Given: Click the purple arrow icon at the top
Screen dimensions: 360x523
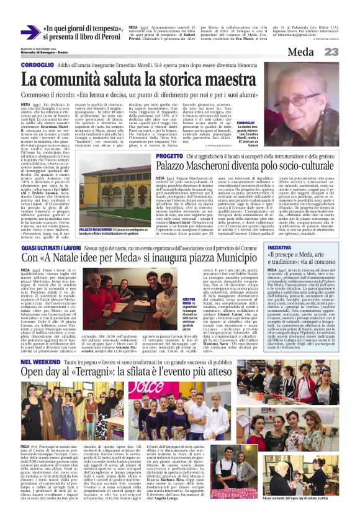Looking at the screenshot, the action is (30, 32).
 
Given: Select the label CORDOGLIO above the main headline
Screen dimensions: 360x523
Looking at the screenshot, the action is (37, 65).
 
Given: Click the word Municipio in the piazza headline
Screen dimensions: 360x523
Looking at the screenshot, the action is (204, 260).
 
